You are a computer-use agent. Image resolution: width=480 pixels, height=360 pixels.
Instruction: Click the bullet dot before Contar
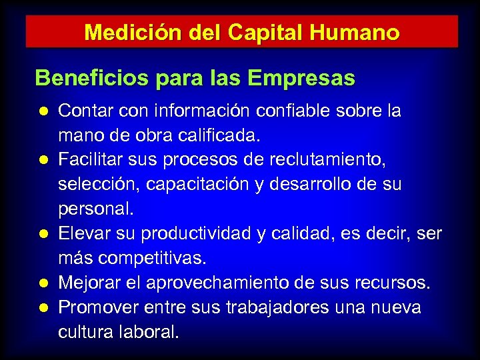click(x=43, y=111)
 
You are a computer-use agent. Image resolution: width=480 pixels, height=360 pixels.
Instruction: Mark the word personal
click(x=96, y=209)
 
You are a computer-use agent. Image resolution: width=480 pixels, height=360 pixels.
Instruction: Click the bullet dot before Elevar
click(x=43, y=233)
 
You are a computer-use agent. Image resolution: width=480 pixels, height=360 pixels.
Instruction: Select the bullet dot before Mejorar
click(x=43, y=283)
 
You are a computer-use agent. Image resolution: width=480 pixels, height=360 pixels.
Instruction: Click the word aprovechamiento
click(x=221, y=283)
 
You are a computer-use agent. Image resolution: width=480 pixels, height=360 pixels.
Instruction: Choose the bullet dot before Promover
click(x=43, y=307)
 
